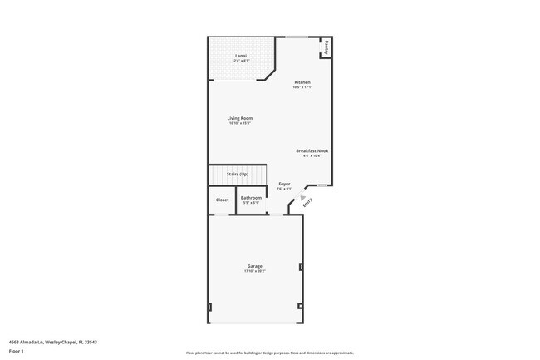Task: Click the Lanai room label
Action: (x=240, y=56)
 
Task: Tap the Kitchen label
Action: (x=302, y=82)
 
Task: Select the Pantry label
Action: (x=326, y=47)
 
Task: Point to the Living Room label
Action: (x=239, y=118)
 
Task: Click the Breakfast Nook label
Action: (x=312, y=150)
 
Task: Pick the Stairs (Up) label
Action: (x=238, y=174)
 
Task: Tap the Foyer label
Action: (x=284, y=184)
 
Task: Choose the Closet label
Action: (x=222, y=200)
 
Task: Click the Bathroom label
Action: (x=251, y=197)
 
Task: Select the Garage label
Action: (x=254, y=266)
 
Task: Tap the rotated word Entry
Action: (x=307, y=200)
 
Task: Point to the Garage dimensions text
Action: (x=254, y=271)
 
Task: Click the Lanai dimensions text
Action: (x=240, y=61)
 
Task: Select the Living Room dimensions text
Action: (x=239, y=123)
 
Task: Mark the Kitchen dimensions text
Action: (x=302, y=87)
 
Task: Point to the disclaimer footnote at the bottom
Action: (x=270, y=353)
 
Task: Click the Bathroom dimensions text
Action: (x=251, y=202)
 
